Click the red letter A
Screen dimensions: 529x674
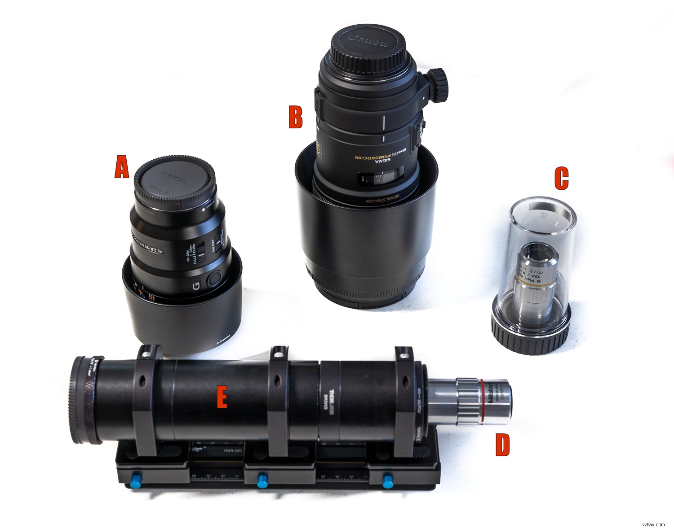(x=121, y=167)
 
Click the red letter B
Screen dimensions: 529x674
(x=295, y=117)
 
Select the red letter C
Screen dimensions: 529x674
(x=561, y=179)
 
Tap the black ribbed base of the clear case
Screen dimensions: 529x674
(x=530, y=334)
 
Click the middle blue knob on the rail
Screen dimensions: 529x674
(x=260, y=481)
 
